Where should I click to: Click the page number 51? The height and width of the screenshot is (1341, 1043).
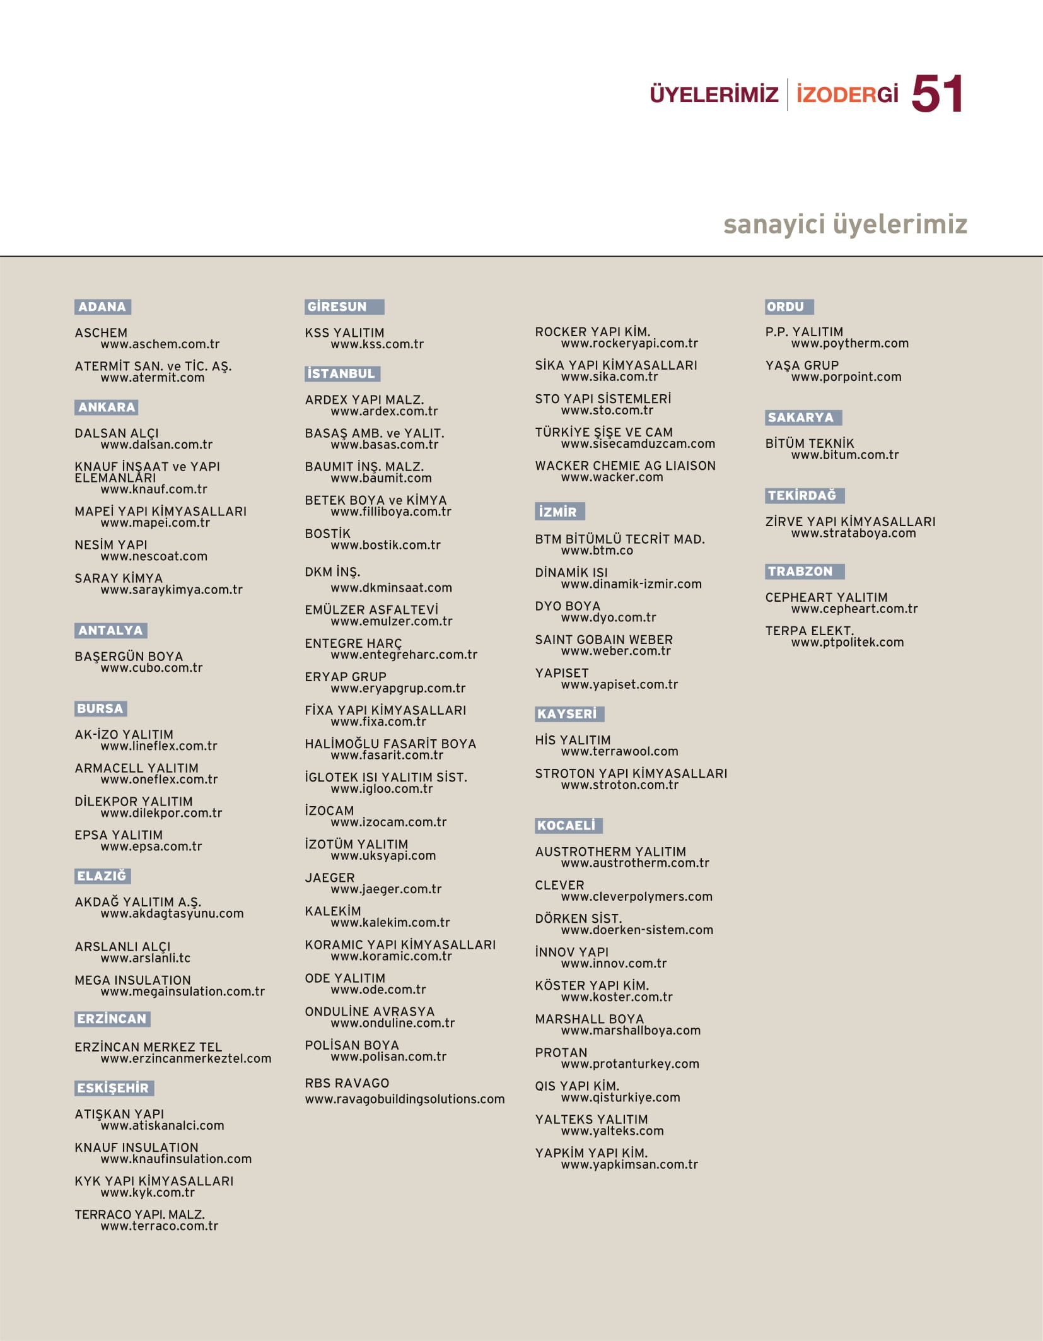(937, 94)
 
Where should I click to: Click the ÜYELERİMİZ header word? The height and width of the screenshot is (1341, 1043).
(714, 95)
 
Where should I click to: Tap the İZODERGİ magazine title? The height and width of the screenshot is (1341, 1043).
(847, 95)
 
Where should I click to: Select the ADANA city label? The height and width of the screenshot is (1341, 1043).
(102, 307)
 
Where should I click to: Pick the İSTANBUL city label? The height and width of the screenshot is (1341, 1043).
(341, 373)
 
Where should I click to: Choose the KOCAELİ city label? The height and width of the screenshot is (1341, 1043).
(567, 825)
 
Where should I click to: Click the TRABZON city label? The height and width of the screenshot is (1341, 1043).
(801, 571)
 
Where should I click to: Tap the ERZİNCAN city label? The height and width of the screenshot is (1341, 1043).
(112, 1019)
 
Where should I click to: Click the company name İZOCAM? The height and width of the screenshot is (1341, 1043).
(329, 811)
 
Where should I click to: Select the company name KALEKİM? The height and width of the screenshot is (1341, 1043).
(333, 911)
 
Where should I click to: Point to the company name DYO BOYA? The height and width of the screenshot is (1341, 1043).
(568, 606)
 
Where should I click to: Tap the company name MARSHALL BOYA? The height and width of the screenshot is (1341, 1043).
(589, 1019)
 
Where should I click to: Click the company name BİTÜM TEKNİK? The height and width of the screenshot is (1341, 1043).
(809, 443)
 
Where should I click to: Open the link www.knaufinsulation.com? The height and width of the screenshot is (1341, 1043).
(176, 1159)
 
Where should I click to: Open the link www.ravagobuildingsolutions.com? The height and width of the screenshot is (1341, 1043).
(404, 1099)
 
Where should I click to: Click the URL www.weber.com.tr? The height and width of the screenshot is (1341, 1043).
(615, 651)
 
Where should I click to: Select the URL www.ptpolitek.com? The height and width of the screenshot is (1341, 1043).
(847, 642)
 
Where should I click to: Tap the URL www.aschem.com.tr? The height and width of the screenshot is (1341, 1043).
(160, 344)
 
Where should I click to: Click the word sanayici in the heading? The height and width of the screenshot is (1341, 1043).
(774, 224)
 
